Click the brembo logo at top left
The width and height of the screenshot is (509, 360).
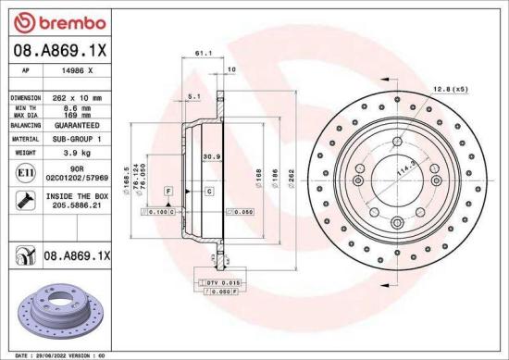[x=47, y=21]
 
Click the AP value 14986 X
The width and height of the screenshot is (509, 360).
[x=75, y=70]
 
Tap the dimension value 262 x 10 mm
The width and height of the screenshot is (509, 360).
[x=75, y=97]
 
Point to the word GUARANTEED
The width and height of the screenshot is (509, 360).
[x=75, y=124]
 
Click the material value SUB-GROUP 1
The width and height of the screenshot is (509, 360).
[x=75, y=138]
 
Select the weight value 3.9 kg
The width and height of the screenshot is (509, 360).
[x=75, y=152]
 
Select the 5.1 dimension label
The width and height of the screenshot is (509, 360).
[x=193, y=96]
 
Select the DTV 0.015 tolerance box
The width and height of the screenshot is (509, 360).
[x=218, y=281]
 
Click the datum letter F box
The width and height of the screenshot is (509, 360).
[x=169, y=190]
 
